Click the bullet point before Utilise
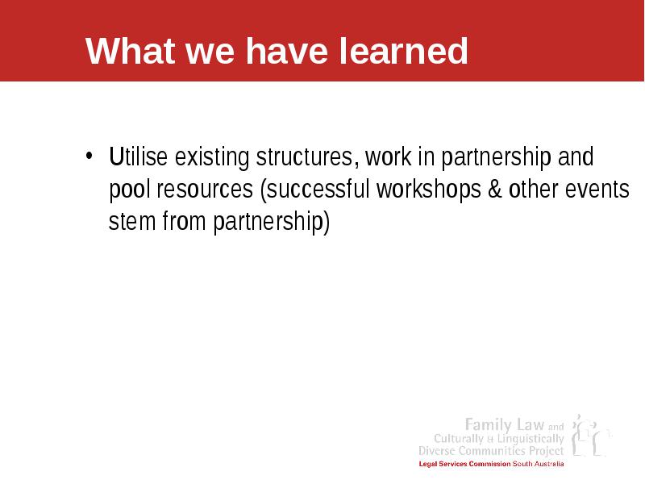coord(89,156)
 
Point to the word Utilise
coord(138,156)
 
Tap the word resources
coord(205,190)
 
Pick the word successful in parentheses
coord(318,189)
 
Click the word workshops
coord(429,190)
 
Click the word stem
coord(132,221)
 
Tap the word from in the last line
coord(184,221)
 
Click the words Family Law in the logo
coord(505,424)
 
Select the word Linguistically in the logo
coord(531,439)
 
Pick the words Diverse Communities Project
coord(491,451)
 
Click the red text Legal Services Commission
coord(464,464)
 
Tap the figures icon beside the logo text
coord(590,436)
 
